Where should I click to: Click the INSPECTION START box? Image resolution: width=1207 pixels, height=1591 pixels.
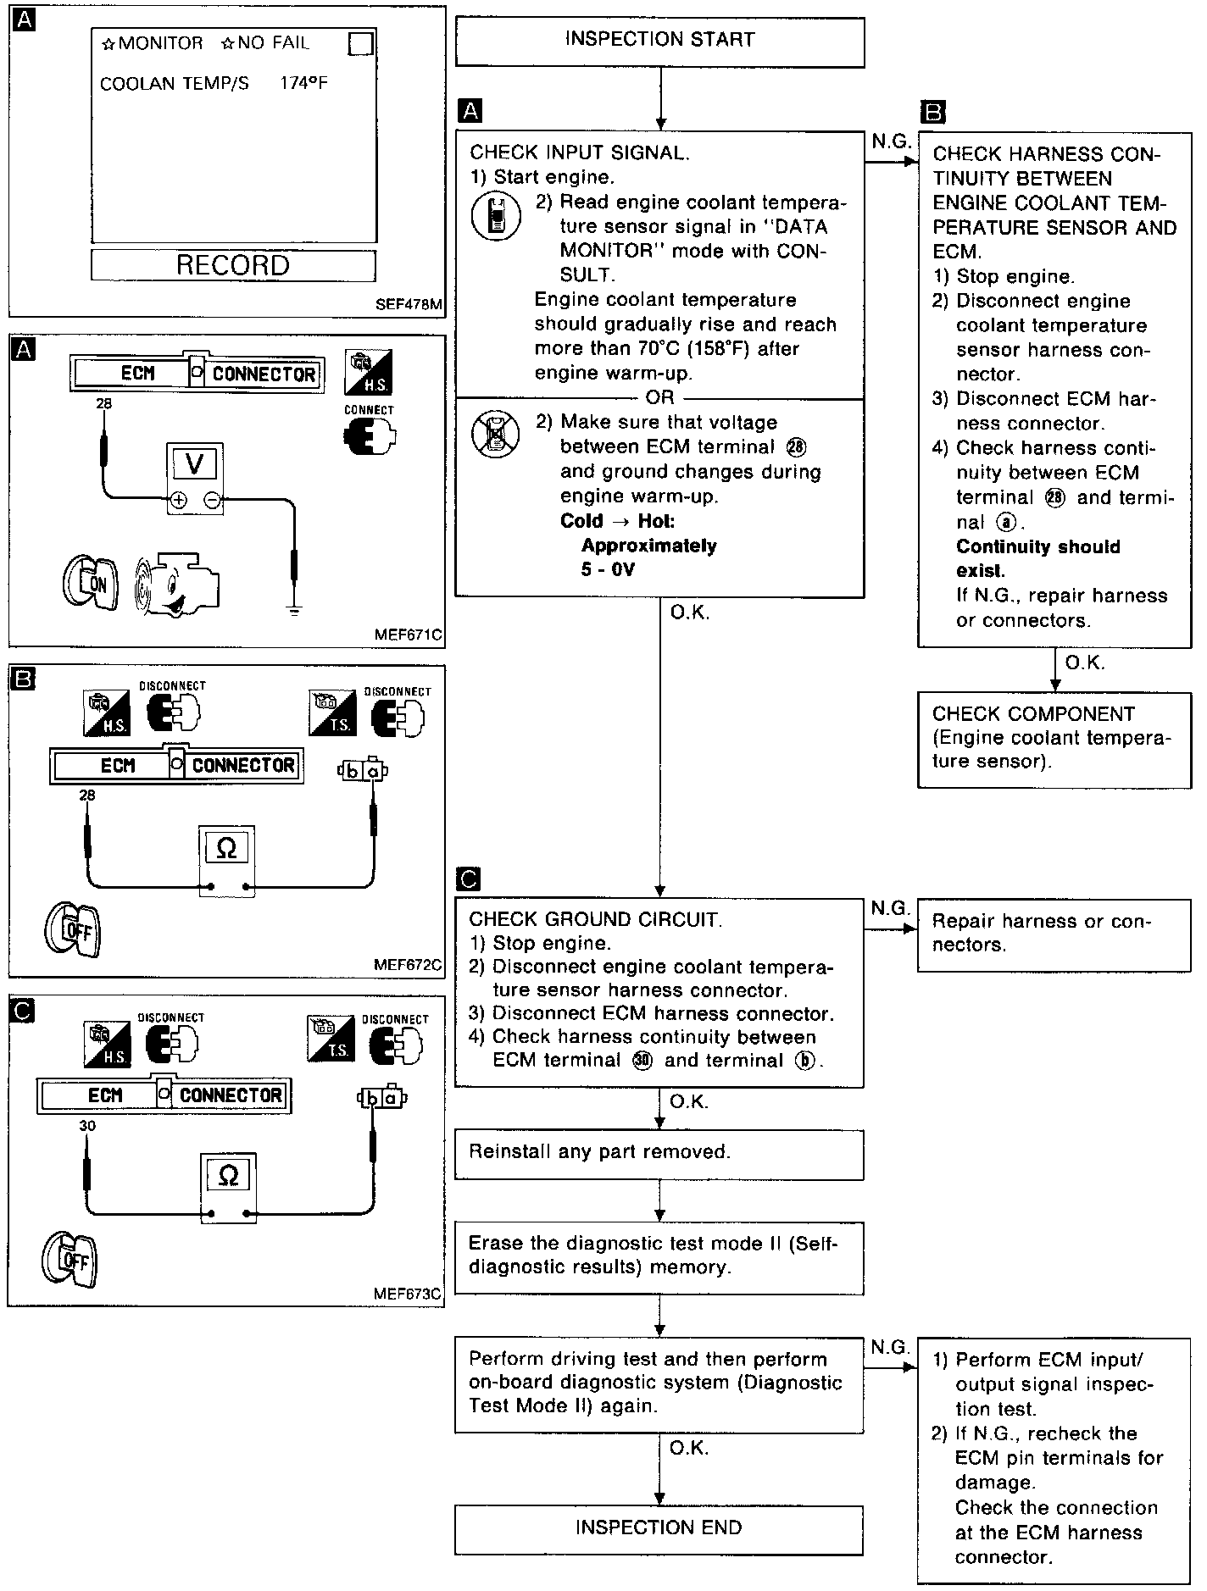click(x=659, y=41)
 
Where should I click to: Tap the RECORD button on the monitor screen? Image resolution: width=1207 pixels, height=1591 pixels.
click(x=233, y=265)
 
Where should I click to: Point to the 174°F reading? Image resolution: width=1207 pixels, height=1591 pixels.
click(x=303, y=84)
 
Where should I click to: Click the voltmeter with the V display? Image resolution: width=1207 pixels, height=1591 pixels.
click(x=194, y=478)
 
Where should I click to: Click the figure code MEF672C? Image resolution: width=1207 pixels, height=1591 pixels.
click(x=408, y=964)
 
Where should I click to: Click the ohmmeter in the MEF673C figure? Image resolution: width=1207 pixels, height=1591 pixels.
click(x=228, y=1187)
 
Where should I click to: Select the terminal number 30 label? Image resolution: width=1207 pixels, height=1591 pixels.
click(x=87, y=1125)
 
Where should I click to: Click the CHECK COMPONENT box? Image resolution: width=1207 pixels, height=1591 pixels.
click(x=1054, y=739)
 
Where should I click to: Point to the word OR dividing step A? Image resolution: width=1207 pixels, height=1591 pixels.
click(x=659, y=397)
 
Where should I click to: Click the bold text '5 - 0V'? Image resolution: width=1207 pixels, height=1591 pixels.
click(x=608, y=569)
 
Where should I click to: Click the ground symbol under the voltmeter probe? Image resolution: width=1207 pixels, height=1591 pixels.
click(x=294, y=611)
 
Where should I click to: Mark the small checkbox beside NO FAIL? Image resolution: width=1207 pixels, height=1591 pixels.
click(x=361, y=43)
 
